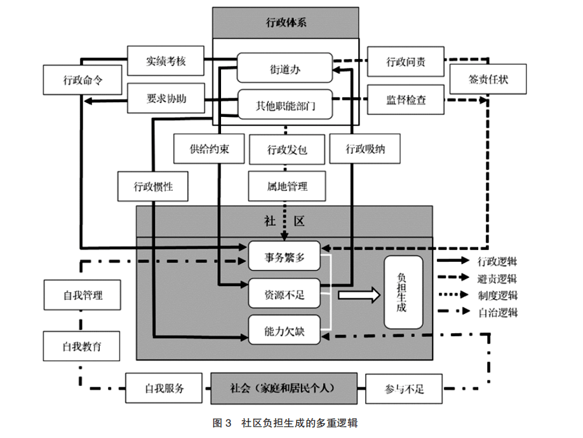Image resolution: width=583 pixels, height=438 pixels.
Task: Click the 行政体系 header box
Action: coord(286,24)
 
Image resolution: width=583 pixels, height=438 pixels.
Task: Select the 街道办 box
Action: coord(285,68)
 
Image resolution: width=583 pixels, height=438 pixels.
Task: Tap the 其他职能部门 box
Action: coord(285,104)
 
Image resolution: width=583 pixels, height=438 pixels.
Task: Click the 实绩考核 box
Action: coord(165,62)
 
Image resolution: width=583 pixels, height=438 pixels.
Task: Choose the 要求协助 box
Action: coord(165,99)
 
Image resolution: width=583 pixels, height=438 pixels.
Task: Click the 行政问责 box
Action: coord(406,62)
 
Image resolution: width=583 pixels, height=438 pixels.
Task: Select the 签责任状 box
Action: coord(488,80)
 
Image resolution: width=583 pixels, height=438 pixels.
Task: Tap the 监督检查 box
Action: coord(406,99)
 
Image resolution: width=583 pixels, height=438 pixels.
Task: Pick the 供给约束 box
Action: coord(209,149)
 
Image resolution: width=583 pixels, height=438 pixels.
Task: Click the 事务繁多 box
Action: coord(285,257)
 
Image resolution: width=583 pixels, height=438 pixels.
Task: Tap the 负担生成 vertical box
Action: coord(402,292)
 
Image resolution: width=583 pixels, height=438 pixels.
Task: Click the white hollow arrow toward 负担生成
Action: coord(358,294)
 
